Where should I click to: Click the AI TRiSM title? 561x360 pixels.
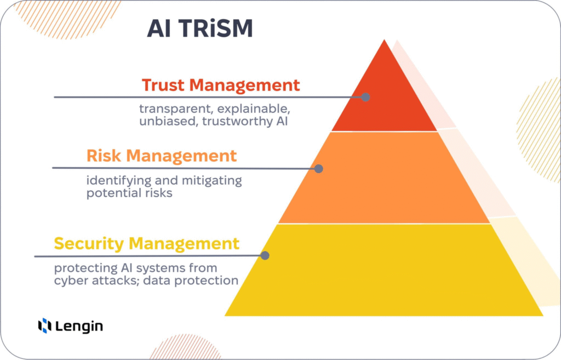click(x=200, y=29)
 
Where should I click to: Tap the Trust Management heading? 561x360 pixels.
click(x=221, y=85)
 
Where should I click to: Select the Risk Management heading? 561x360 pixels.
click(x=162, y=156)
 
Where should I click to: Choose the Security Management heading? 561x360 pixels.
click(x=147, y=243)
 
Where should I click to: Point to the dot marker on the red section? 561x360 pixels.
click(x=365, y=97)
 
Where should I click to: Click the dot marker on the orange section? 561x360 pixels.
click(x=319, y=169)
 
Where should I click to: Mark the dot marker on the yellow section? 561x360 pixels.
click(x=265, y=255)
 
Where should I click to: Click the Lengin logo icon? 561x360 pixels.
click(x=44, y=326)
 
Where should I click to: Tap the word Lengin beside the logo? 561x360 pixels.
click(x=79, y=327)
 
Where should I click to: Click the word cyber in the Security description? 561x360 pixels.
click(x=70, y=281)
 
